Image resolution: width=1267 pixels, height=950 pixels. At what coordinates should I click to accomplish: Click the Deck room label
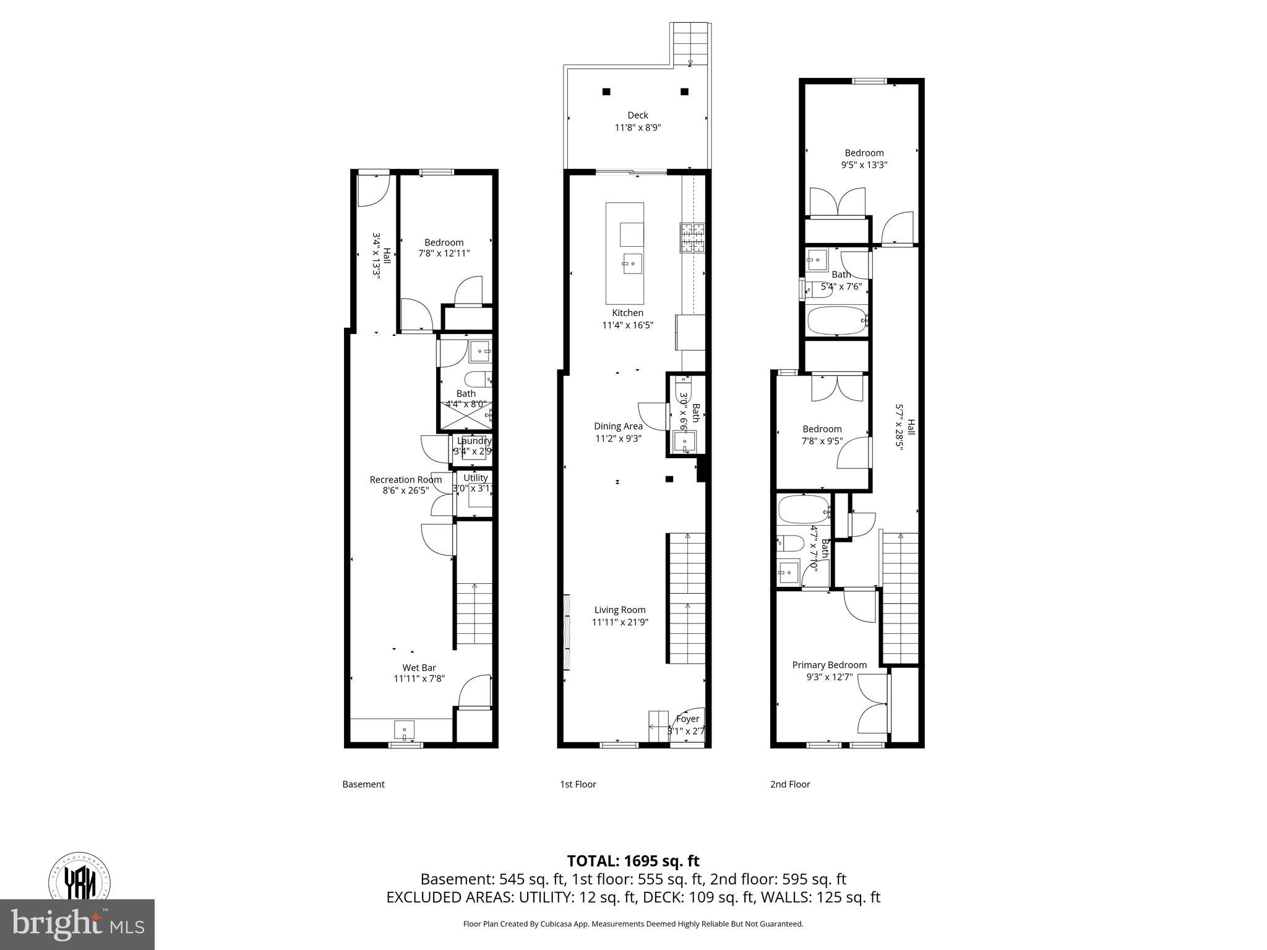pyautogui.click(x=638, y=115)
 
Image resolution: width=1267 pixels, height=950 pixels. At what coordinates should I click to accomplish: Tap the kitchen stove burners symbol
pyautogui.click(x=693, y=238)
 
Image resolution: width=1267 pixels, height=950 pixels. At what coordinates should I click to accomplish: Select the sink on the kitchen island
pyautogui.click(x=632, y=264)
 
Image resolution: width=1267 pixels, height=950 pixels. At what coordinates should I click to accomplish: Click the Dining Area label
pyautogui.click(x=618, y=426)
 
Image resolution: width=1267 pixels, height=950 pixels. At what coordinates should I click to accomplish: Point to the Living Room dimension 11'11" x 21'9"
pyautogui.click(x=620, y=622)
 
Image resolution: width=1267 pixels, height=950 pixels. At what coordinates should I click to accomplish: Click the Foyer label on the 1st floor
pyautogui.click(x=687, y=719)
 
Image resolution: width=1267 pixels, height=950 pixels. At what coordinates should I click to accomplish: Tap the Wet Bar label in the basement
pyautogui.click(x=419, y=667)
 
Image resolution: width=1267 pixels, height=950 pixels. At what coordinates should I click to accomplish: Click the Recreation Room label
pyautogui.click(x=405, y=479)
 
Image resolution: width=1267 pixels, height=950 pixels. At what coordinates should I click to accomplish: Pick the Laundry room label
pyautogui.click(x=475, y=440)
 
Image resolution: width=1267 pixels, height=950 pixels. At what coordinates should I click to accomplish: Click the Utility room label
pyautogui.click(x=475, y=477)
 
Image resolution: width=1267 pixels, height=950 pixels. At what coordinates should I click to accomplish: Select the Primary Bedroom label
pyautogui.click(x=829, y=665)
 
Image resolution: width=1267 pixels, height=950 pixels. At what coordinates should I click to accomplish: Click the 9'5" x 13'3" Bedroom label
pyautogui.click(x=864, y=153)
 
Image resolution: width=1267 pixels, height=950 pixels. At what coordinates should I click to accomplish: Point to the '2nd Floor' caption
pyautogui.click(x=790, y=784)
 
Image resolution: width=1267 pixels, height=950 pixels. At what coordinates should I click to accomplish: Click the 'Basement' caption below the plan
pyautogui.click(x=363, y=784)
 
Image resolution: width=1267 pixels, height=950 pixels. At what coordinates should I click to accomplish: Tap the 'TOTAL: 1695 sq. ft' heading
pyautogui.click(x=633, y=861)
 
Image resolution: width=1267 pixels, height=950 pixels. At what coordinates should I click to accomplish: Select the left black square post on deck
pyautogui.click(x=606, y=92)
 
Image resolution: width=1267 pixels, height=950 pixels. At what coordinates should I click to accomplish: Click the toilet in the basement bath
pyautogui.click(x=476, y=378)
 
